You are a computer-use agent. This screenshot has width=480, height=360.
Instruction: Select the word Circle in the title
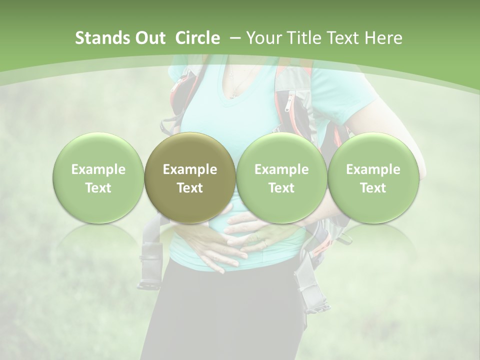(197, 38)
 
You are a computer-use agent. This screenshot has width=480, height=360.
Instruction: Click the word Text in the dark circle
(190, 188)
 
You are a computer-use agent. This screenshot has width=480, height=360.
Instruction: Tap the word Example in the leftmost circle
(98, 169)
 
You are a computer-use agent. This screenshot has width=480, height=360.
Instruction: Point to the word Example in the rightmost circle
(373, 169)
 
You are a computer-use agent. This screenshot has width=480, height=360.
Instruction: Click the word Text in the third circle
(281, 188)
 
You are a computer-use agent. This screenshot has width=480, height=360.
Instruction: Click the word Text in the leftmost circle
(98, 188)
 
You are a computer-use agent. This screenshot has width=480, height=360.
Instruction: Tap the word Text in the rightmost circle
(373, 188)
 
